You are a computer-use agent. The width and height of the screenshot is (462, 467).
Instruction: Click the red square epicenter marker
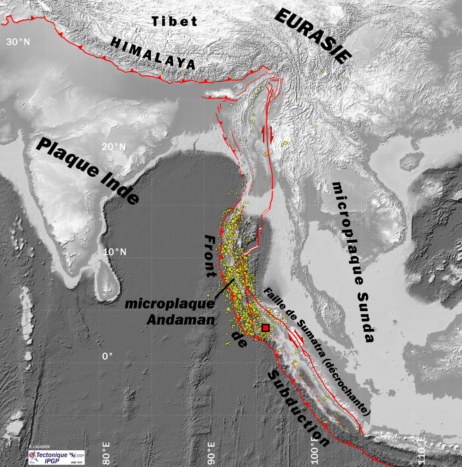266,328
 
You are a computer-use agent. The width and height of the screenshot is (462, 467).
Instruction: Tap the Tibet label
175,21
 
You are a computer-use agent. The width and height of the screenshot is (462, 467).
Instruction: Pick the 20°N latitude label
114,147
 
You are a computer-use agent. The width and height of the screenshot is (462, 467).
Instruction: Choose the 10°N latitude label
114,252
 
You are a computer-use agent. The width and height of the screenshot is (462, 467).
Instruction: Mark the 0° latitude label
107,356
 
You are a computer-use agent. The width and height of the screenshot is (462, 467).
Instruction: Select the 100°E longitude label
316,451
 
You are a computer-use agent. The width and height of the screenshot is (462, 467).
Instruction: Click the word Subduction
298,407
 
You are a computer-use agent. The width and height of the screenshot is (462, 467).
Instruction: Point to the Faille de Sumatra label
296,315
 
